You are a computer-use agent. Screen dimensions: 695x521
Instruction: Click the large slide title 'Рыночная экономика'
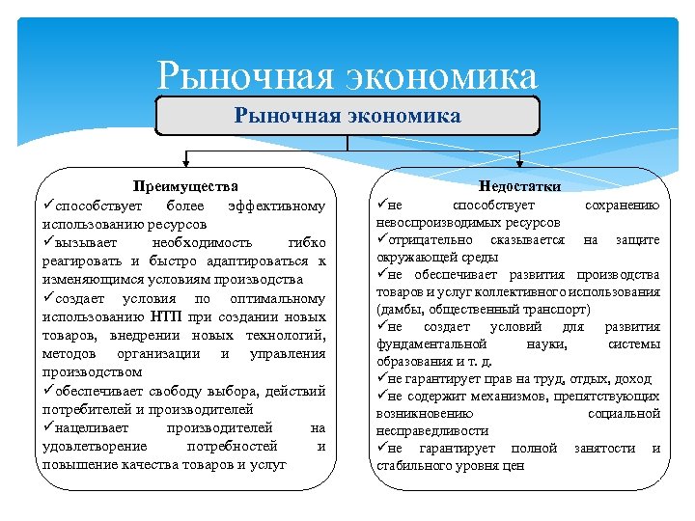pos(347,74)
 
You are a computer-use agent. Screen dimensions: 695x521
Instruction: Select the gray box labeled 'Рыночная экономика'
pos(347,117)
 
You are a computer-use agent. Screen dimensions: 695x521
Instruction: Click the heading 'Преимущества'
pos(185,186)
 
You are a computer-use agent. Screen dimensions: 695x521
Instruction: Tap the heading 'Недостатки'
pos(519,186)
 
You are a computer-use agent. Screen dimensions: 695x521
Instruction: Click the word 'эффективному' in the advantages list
pos(276,206)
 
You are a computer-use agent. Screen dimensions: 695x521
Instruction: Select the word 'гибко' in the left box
pos(307,242)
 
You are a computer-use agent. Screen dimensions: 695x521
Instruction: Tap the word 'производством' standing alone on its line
pos(92,371)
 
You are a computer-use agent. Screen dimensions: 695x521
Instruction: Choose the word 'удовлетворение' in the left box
pos(95,446)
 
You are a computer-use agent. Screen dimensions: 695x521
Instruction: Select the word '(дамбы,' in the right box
pos(398,310)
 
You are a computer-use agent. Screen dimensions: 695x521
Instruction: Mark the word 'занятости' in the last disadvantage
pos(604,449)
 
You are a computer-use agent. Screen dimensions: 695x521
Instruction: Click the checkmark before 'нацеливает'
pos(48,426)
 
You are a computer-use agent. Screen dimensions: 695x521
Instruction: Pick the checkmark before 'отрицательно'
pos(381,238)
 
